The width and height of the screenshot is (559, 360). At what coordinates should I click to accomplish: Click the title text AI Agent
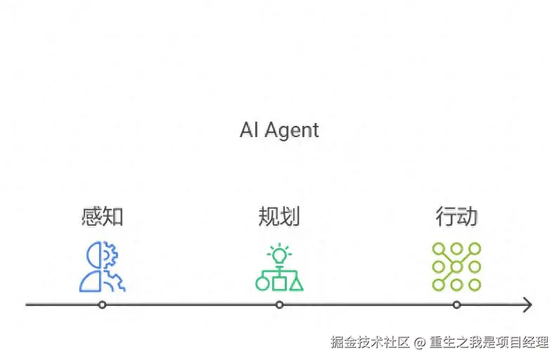[279, 131]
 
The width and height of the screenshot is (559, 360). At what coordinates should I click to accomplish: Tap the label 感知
[103, 217]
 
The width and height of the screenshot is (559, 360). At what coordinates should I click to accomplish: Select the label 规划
[279, 217]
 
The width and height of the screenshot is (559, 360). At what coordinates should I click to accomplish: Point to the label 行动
[456, 217]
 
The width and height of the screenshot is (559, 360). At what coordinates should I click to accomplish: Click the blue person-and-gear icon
[103, 266]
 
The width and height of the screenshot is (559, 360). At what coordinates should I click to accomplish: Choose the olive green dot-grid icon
[456, 266]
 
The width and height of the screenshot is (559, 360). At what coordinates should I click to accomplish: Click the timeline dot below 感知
[103, 304]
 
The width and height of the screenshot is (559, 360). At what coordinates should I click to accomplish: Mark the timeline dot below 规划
[279, 304]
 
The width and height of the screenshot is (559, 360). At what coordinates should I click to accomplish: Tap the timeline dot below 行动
[456, 304]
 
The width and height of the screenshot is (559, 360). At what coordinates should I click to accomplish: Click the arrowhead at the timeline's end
[527, 304]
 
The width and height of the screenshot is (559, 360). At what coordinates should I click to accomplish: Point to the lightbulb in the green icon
[279, 253]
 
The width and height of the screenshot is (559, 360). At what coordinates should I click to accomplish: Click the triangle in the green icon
[296, 283]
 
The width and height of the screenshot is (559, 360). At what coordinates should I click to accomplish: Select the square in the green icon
[279, 283]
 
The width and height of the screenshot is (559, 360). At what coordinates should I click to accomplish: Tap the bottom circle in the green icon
[262, 283]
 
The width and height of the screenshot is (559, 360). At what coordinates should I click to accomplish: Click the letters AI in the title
[248, 131]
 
